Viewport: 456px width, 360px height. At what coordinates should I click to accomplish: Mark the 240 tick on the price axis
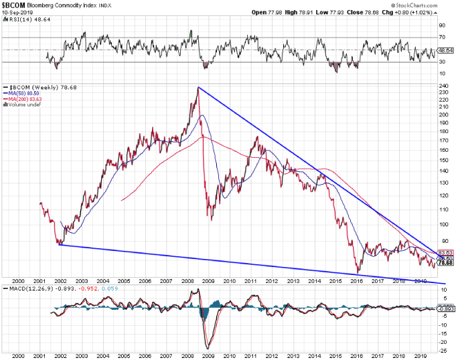pos(443,86)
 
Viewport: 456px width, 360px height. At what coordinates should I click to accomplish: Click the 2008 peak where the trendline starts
pos(198,87)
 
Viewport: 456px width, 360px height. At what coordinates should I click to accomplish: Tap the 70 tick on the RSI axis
pos(441,37)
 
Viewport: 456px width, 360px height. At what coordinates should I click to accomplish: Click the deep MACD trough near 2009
pos(208,347)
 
